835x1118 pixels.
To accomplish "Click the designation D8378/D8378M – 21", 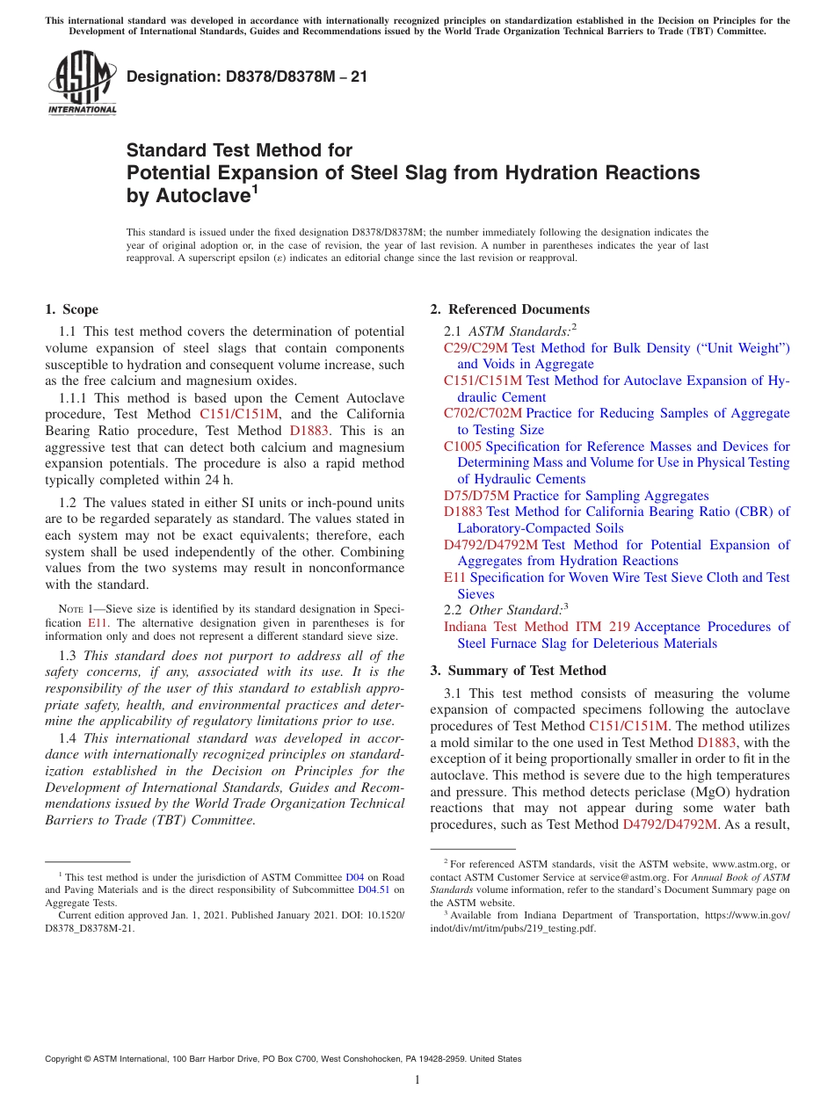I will coord(247,76).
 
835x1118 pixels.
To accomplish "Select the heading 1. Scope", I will coord(71,309).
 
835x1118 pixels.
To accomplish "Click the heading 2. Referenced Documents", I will coord(510,309).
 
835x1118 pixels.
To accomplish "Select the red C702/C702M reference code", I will coord(483,413).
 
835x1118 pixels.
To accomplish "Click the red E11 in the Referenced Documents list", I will coord(454,577).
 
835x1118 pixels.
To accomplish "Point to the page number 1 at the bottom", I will coord(417,1079).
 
